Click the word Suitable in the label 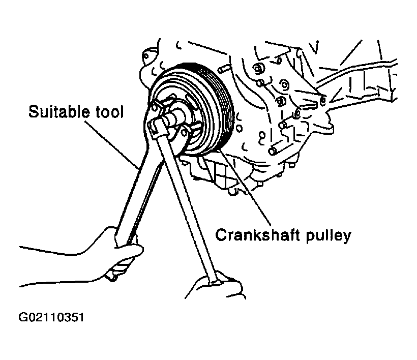(x=58, y=111)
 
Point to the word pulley (x=329, y=235)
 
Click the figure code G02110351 (x=51, y=317)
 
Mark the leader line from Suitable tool (x=112, y=145)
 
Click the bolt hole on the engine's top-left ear (x=146, y=56)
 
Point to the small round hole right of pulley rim (x=240, y=129)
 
